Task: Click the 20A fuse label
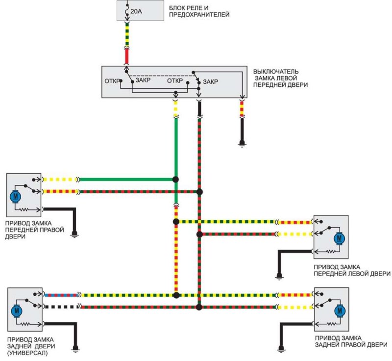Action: pyautogui.click(x=136, y=11)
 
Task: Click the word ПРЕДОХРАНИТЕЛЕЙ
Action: pyautogui.click(x=199, y=15)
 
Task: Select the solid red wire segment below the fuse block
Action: pyautogui.click(x=127, y=56)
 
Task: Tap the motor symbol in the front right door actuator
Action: pyautogui.click(x=16, y=196)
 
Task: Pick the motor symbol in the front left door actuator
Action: pyautogui.click(x=339, y=238)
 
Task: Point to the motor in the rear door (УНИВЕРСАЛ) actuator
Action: pyautogui.click(x=17, y=311)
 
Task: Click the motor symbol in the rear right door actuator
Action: pyautogui.click(x=340, y=311)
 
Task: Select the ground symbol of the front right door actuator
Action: pyautogui.click(x=74, y=234)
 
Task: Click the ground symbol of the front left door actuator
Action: pyautogui.click(x=279, y=276)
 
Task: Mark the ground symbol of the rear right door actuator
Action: pyautogui.click(x=281, y=349)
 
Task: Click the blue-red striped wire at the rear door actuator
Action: pyautogui.click(x=61, y=295)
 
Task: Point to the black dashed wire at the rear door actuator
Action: pyautogui.click(x=61, y=307)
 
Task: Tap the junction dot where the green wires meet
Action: pyautogui.click(x=175, y=180)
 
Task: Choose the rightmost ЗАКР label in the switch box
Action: pyautogui.click(x=211, y=81)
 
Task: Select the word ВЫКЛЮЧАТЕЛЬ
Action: pyautogui.click(x=276, y=72)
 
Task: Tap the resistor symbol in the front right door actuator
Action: pyautogui.click(x=24, y=209)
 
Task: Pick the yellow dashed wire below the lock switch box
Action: pyautogui.click(x=175, y=108)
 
